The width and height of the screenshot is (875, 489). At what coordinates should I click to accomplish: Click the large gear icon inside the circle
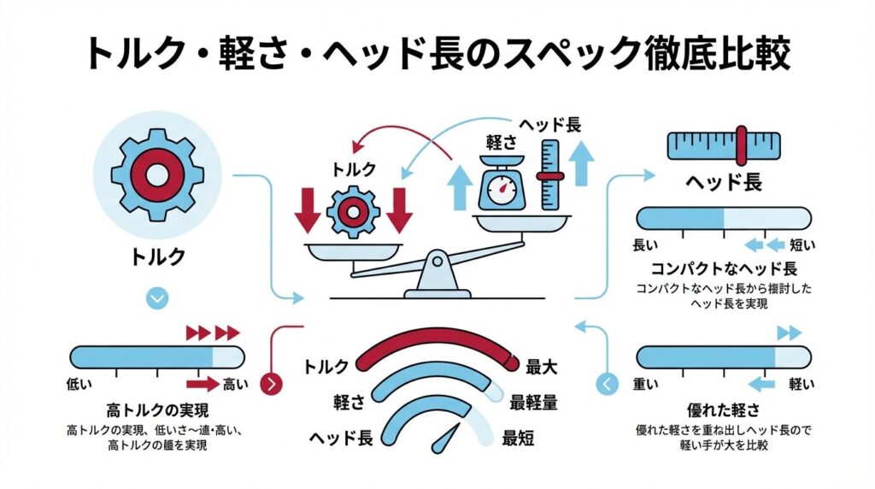157,174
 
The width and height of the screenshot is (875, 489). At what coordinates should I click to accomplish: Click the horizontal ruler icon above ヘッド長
725,145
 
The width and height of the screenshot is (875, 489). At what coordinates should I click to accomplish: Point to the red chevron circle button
272,384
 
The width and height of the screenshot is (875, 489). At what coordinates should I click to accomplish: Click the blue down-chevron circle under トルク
157,298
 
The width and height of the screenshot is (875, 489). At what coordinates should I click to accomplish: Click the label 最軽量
535,402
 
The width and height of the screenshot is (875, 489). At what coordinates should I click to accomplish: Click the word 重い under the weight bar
646,384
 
